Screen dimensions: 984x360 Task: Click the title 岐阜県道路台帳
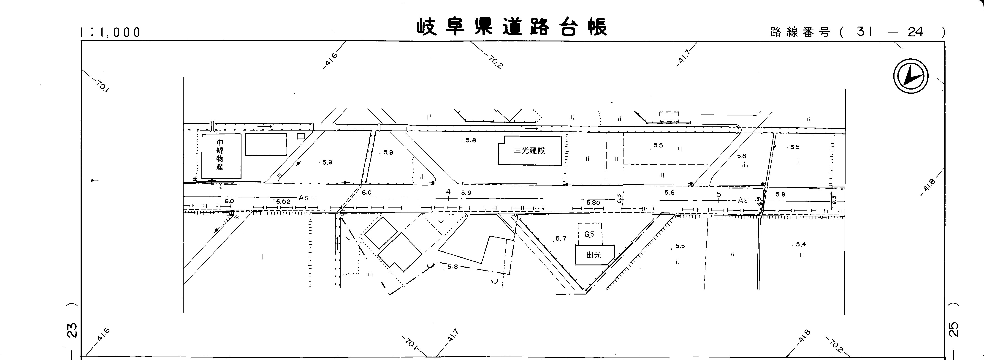click(512, 27)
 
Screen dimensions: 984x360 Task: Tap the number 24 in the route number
click(915, 32)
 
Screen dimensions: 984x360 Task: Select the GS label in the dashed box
click(589, 234)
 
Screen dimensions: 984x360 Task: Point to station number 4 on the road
click(448, 192)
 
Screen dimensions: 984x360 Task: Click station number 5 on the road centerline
click(718, 194)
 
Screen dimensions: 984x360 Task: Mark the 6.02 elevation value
click(283, 201)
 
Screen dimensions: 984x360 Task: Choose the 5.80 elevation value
click(593, 202)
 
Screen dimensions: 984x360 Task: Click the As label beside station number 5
click(743, 200)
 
